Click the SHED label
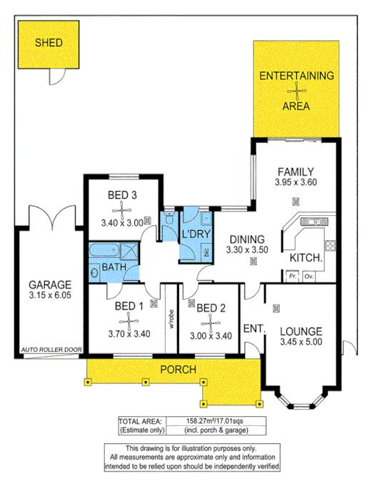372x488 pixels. click(x=49, y=43)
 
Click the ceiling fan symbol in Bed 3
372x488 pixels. click(x=123, y=209)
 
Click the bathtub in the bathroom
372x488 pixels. click(x=106, y=249)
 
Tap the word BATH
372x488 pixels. click(x=116, y=266)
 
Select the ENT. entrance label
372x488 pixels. click(x=253, y=328)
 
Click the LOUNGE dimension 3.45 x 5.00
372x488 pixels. click(x=301, y=343)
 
